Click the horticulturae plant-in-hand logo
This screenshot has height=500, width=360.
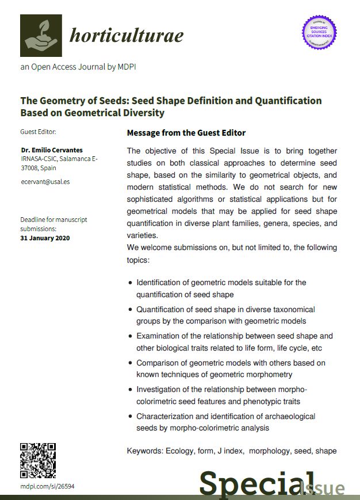pos(41,35)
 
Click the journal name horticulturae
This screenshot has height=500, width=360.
pos(127,36)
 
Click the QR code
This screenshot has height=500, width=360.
pos(38,460)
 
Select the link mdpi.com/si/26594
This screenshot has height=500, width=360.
pos(47,486)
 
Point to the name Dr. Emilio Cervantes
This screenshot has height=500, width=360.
pos(51,150)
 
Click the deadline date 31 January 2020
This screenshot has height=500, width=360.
pos(45,237)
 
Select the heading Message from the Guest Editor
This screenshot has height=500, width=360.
pos(186,133)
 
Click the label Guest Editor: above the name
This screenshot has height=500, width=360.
pos(39,132)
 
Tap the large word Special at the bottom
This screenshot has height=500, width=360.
pos(258,484)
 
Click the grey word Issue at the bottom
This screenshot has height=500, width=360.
pos(324,489)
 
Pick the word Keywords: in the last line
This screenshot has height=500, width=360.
pos(144,451)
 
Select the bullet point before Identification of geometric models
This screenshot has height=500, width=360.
pos(131,283)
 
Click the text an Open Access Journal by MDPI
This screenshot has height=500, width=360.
pos(78,67)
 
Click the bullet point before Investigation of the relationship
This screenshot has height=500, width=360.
pos(131,390)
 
